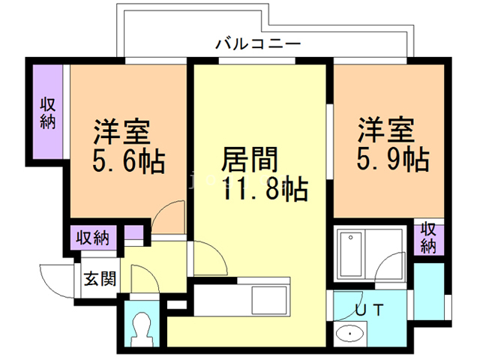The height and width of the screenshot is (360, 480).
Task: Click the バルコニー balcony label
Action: [x=257, y=43]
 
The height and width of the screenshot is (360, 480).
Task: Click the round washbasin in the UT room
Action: [x=349, y=332]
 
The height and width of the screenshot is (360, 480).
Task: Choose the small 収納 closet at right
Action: [x=428, y=238]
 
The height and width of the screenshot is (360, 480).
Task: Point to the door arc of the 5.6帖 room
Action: [x=171, y=217]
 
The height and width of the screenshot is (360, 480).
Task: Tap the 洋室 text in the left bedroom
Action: [x=121, y=131]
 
